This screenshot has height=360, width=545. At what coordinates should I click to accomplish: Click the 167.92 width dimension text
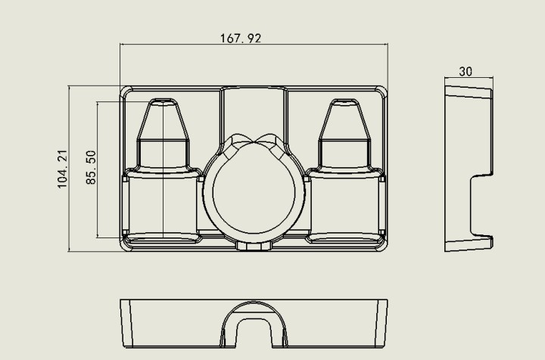coord(241,38)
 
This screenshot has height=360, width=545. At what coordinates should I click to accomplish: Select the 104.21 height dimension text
coord(62,169)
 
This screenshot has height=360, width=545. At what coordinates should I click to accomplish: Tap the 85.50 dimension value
coord(91,167)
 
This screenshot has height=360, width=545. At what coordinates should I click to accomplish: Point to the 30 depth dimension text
coord(466,71)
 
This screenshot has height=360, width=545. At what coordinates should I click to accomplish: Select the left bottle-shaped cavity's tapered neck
coord(163,123)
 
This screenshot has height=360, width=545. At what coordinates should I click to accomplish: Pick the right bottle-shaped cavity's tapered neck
coord(344,123)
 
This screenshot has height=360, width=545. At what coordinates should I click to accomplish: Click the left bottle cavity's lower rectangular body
coord(162,206)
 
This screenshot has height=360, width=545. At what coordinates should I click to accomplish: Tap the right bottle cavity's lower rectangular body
coord(345,206)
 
